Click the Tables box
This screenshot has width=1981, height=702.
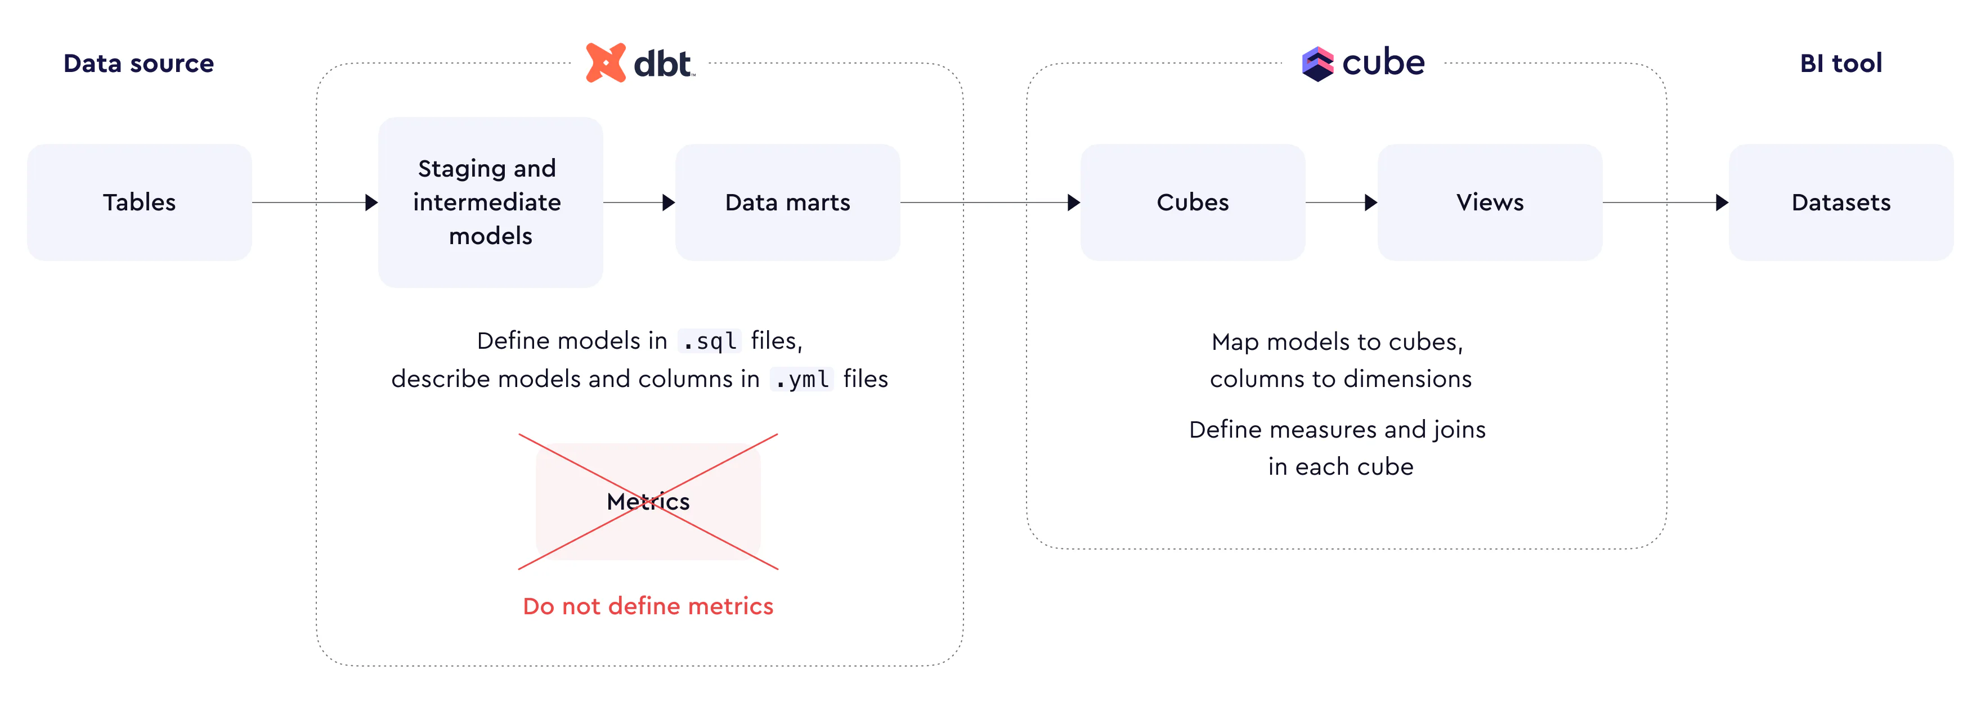139,202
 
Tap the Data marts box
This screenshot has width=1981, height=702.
787,202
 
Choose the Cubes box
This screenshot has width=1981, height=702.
1193,202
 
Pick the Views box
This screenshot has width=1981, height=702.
1490,202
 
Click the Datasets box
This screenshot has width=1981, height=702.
1841,202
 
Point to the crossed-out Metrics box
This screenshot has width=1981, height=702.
648,501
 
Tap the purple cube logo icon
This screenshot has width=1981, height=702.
1317,64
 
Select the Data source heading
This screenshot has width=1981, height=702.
138,63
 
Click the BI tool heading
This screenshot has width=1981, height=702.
1841,63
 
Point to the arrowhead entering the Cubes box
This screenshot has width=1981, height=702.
1074,202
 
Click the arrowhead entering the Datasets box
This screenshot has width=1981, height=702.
1723,202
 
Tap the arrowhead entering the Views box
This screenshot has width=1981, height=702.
1371,202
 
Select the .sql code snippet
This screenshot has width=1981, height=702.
709,341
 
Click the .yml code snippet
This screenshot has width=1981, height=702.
801,379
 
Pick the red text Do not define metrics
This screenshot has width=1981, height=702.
648,606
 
